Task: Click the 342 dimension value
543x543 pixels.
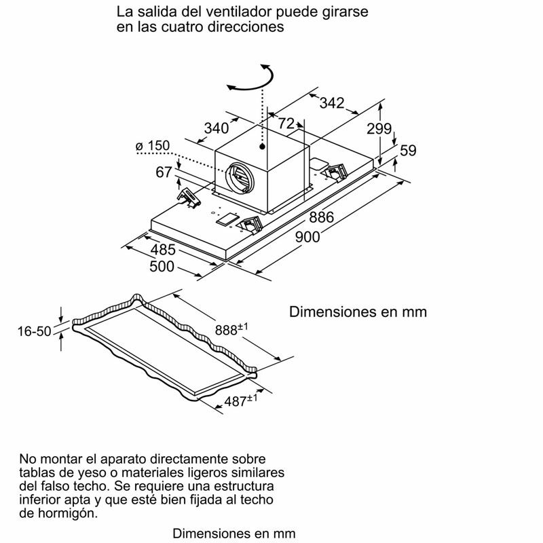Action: coord(331,103)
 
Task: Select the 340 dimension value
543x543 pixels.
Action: coord(217,128)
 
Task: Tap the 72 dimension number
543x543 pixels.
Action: coord(286,123)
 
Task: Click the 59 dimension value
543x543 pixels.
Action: coord(407,151)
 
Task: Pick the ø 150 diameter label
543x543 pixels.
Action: coord(151,147)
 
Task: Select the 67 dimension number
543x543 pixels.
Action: coord(164,173)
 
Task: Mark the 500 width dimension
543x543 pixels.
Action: coord(162,267)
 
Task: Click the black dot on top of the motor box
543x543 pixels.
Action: coord(262,145)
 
